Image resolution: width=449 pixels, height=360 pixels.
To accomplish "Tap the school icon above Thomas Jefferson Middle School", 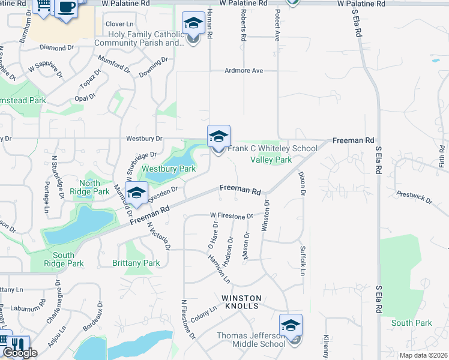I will pyautogui.click(x=291, y=326).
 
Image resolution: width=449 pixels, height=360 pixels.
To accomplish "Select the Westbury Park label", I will pyautogui.click(x=169, y=169).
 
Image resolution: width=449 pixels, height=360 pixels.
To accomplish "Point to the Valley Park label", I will pyautogui.click(x=271, y=160).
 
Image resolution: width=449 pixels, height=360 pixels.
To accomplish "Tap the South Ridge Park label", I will pyautogui.click(x=64, y=259).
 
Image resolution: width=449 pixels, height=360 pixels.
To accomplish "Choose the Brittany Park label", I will pyautogui.click(x=136, y=263).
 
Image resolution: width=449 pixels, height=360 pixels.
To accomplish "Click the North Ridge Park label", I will pyautogui.click(x=89, y=188).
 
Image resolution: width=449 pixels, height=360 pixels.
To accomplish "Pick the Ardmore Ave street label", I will pyautogui.click(x=244, y=71).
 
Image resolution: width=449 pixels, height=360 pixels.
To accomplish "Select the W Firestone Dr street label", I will pyautogui.click(x=232, y=215).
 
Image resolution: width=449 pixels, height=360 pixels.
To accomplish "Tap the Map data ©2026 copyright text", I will pyautogui.click(x=424, y=355).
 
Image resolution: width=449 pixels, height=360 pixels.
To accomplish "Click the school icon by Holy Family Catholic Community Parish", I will pyautogui.click(x=193, y=25).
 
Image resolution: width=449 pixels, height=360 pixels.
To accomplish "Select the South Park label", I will pyautogui.click(x=411, y=323).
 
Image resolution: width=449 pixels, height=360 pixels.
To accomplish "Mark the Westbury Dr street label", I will pyautogui.click(x=145, y=139).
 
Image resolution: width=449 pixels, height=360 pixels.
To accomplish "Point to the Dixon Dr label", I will pyautogui.click(x=302, y=184).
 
